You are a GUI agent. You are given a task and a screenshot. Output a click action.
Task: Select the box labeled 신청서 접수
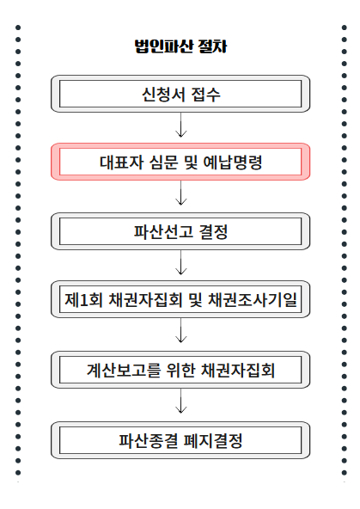[180, 93]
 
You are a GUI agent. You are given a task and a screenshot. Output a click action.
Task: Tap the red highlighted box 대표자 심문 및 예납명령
[180, 162]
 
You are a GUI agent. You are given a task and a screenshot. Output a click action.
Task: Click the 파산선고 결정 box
[180, 231]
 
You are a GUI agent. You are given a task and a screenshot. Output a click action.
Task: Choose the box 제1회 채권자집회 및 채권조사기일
[180, 301]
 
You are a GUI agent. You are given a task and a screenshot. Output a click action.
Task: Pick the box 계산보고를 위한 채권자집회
[180, 371]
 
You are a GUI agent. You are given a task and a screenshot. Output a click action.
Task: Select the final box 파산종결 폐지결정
[180, 441]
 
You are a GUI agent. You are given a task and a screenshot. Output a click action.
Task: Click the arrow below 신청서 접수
[180, 127]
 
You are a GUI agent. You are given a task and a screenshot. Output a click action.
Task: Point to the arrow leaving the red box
[180, 196]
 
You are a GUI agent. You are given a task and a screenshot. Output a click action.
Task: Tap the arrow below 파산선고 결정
[180, 266]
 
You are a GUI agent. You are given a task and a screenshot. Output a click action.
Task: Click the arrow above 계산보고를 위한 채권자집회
[180, 335]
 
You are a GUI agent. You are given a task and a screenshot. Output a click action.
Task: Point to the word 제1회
[82, 301]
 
